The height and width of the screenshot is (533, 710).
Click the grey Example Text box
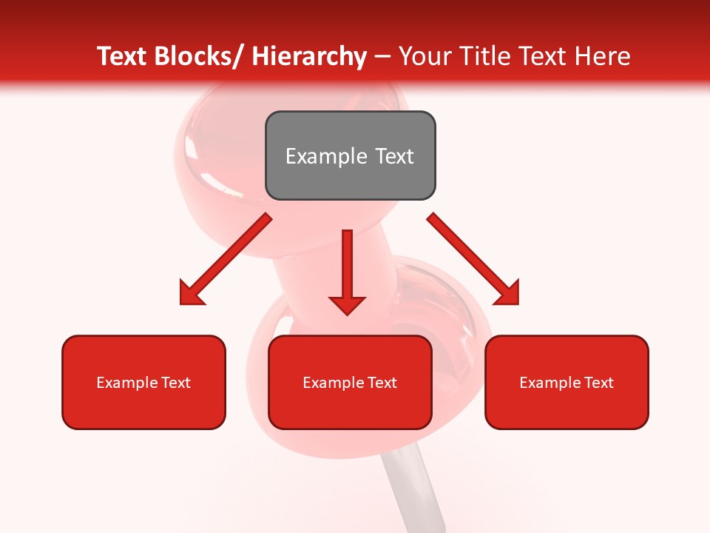click(x=350, y=155)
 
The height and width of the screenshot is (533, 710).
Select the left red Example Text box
click(x=143, y=382)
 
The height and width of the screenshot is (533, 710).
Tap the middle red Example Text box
click(x=350, y=382)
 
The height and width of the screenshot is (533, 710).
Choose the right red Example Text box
click(x=567, y=382)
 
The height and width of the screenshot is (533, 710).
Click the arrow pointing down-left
click(x=225, y=259)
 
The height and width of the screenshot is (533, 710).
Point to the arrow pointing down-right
click(x=473, y=259)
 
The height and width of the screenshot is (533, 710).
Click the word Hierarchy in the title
click(x=309, y=56)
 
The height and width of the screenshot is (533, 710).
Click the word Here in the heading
click(x=603, y=56)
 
